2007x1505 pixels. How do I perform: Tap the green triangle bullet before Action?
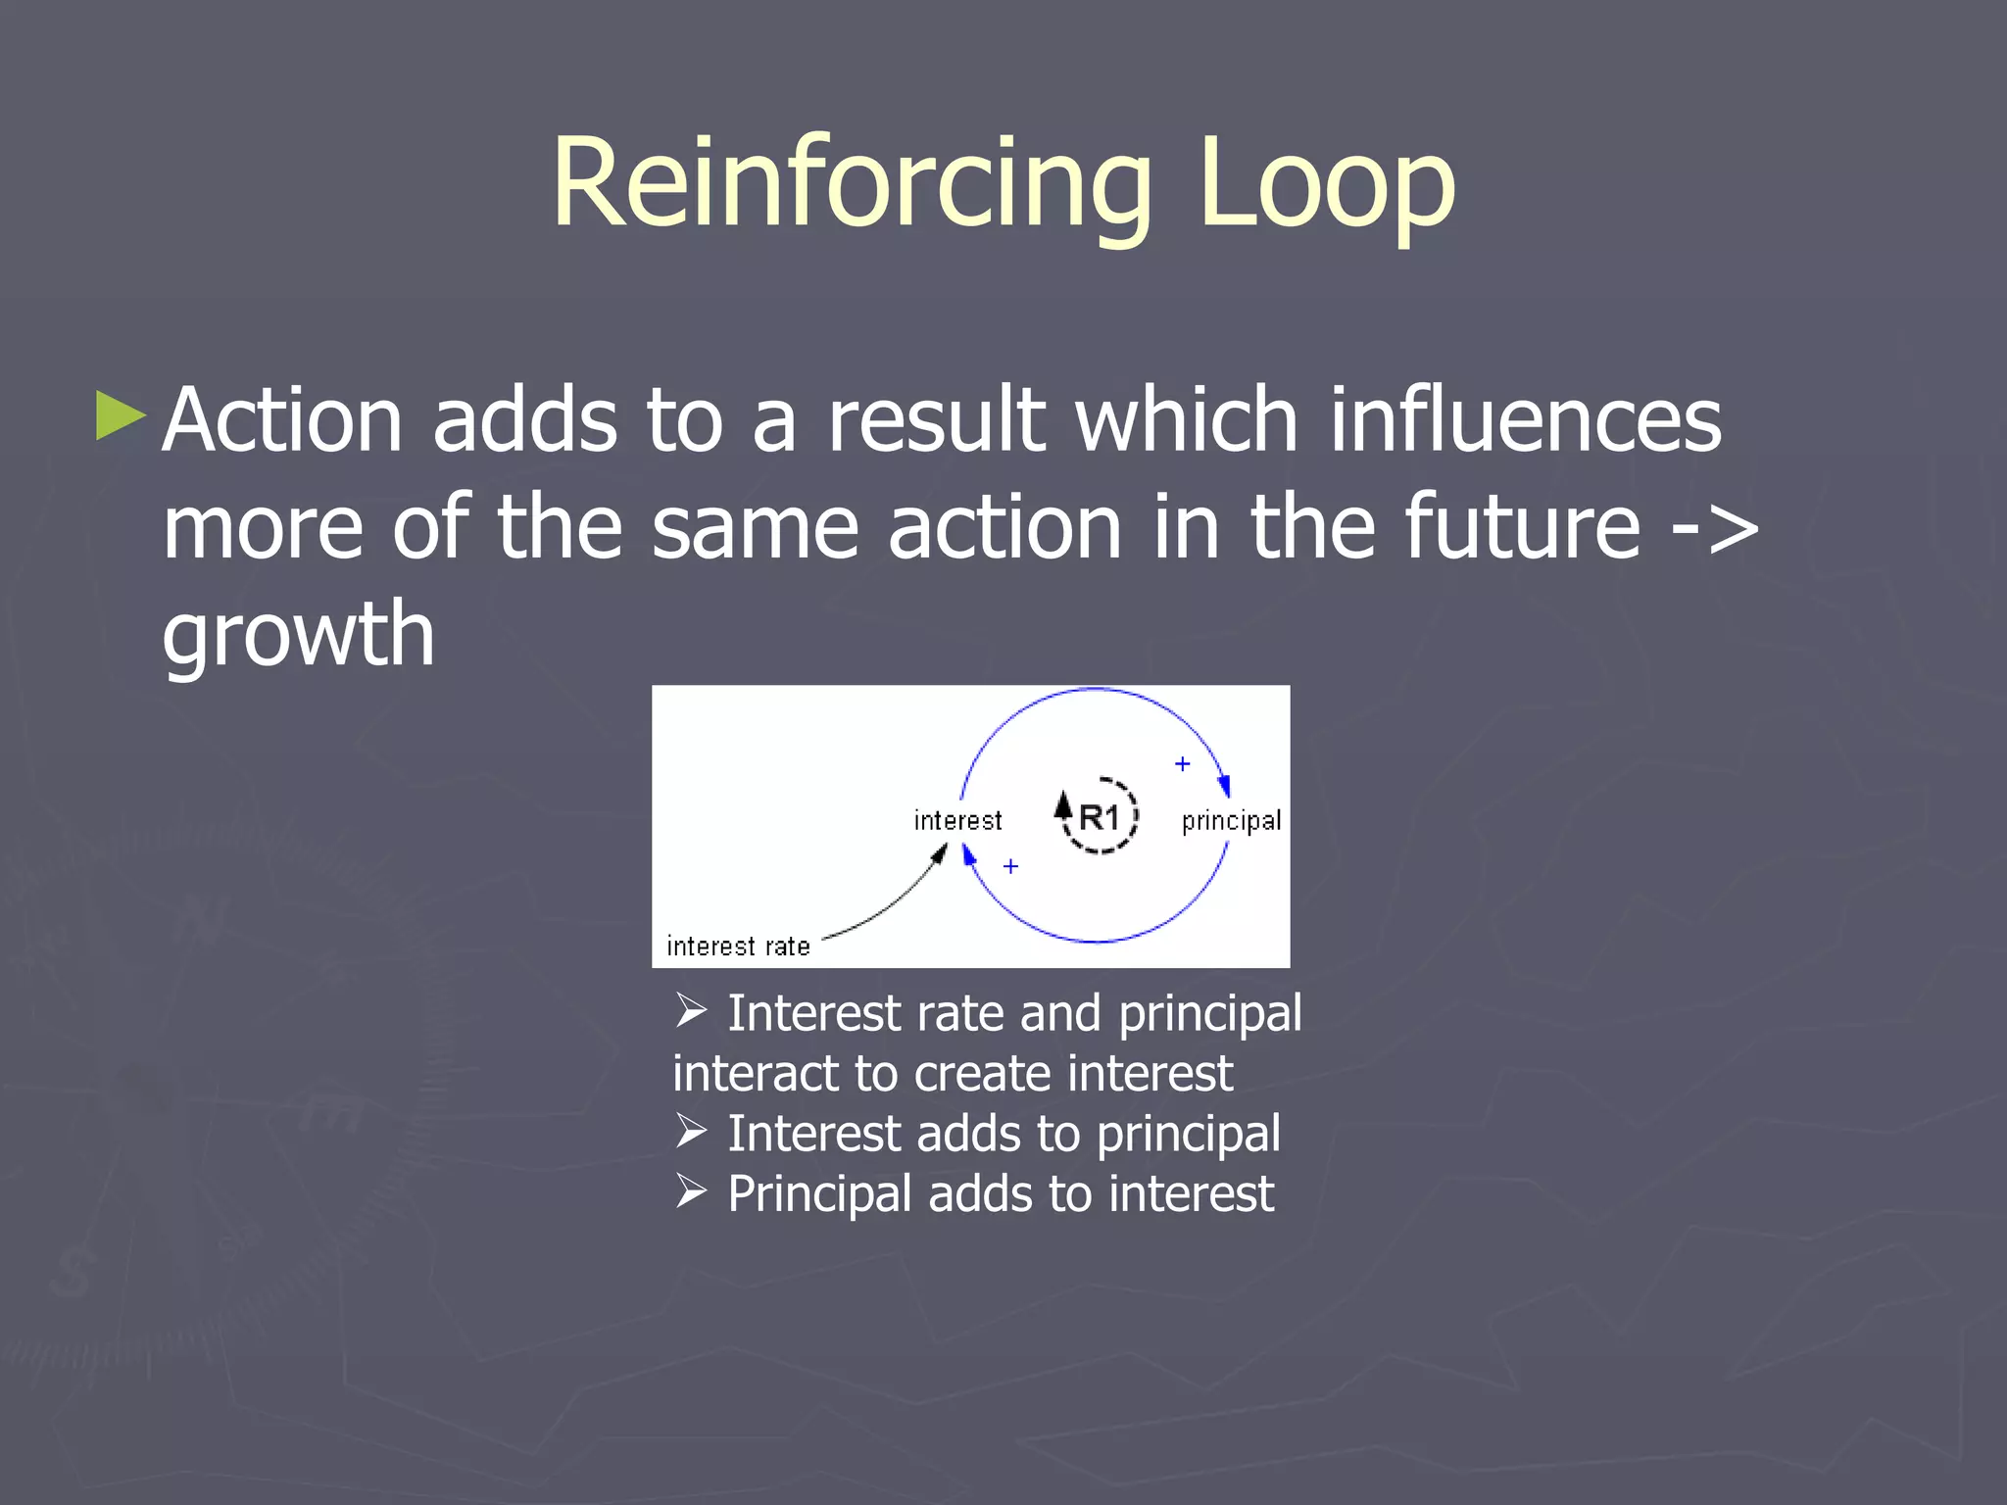pyautogui.click(x=121, y=416)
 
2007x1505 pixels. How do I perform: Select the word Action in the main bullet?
pyautogui.click(x=282, y=421)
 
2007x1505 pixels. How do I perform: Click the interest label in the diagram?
pyautogui.click(x=957, y=820)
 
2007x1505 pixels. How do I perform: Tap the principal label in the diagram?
pyautogui.click(x=1231, y=820)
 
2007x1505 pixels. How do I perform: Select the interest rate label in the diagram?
pyautogui.click(x=738, y=947)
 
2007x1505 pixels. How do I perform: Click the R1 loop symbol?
pyautogui.click(x=1099, y=816)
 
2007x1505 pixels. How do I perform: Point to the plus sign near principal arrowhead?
pyautogui.click(x=1183, y=763)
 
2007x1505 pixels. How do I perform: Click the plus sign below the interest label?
pyautogui.click(x=1010, y=866)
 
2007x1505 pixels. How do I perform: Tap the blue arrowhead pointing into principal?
pyautogui.click(x=1223, y=785)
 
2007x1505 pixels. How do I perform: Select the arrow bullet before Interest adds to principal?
pyautogui.click(x=691, y=1132)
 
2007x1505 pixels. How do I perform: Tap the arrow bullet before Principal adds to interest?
pyautogui.click(x=691, y=1192)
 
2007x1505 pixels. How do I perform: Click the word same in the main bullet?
pyautogui.click(x=755, y=529)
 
